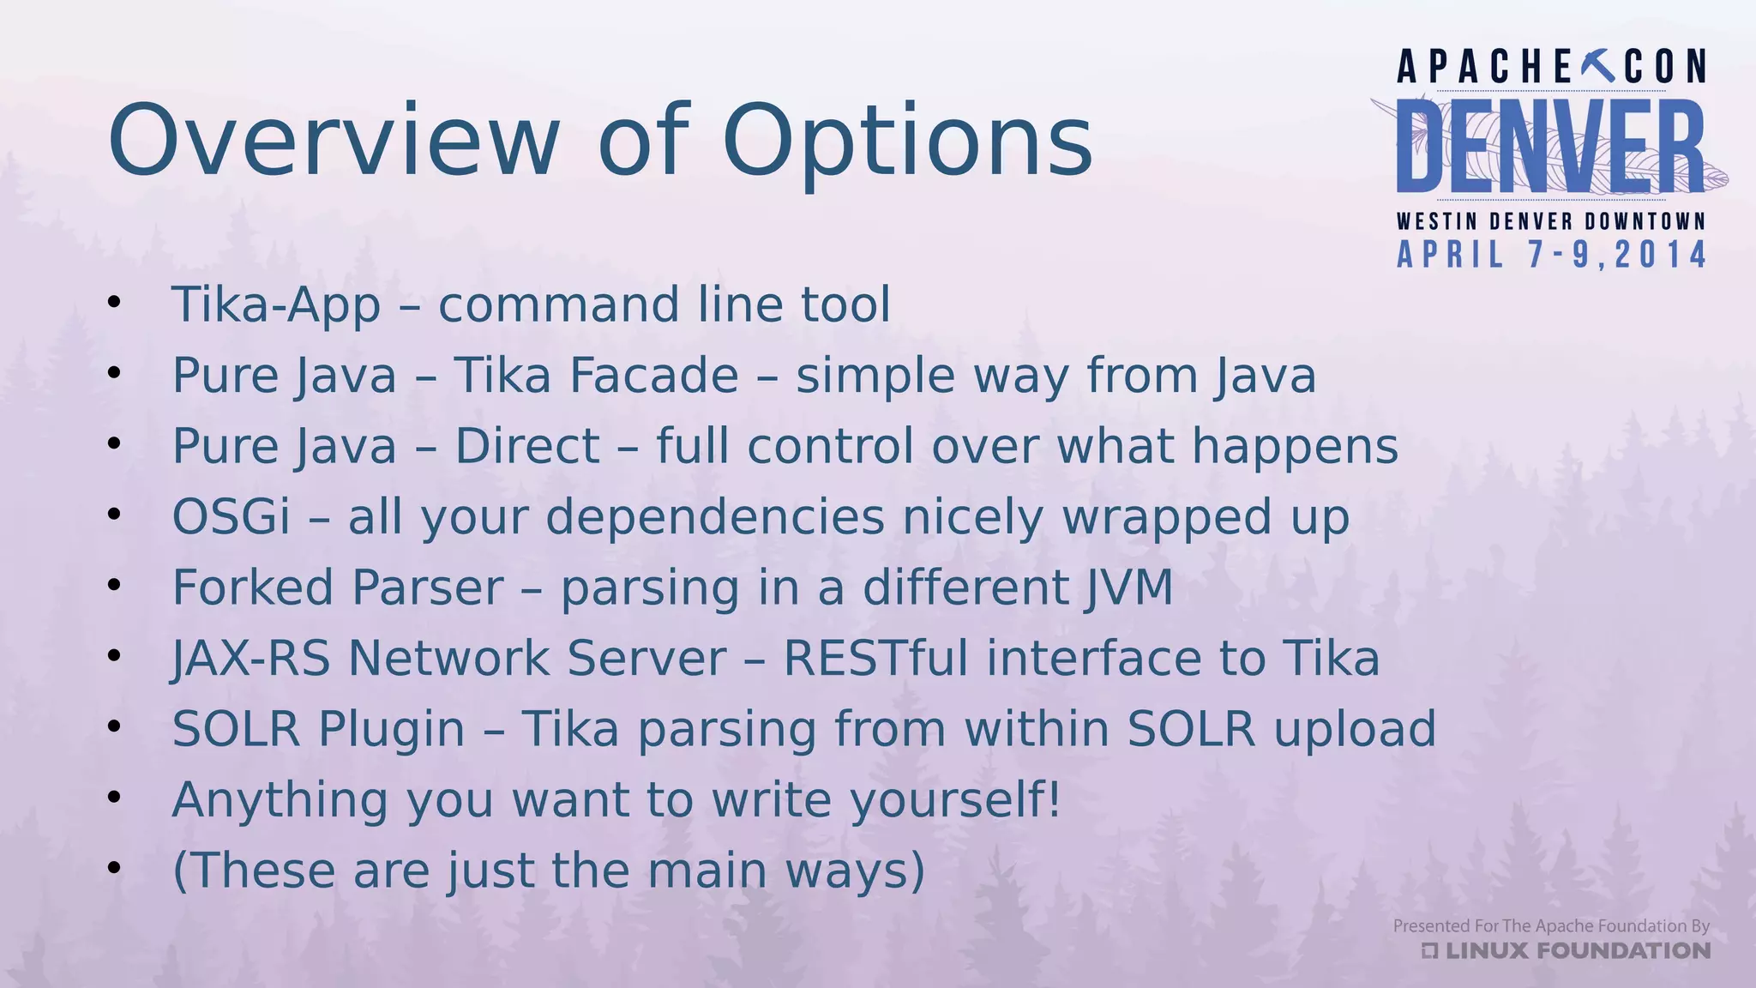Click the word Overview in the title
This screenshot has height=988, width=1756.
(x=334, y=140)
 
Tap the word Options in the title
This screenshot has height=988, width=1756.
(x=907, y=140)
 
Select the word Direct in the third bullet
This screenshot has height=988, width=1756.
(x=526, y=446)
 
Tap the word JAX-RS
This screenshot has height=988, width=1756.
(x=251, y=659)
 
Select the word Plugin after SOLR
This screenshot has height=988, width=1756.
(x=391, y=729)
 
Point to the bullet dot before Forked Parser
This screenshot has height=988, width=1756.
(x=115, y=585)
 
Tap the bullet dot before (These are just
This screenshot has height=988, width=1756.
(x=115, y=868)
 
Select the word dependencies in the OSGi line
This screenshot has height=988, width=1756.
(x=715, y=517)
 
